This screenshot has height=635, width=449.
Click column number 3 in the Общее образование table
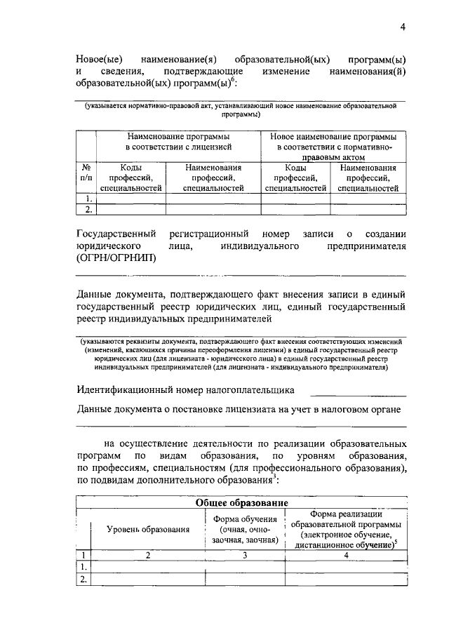point(245,555)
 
